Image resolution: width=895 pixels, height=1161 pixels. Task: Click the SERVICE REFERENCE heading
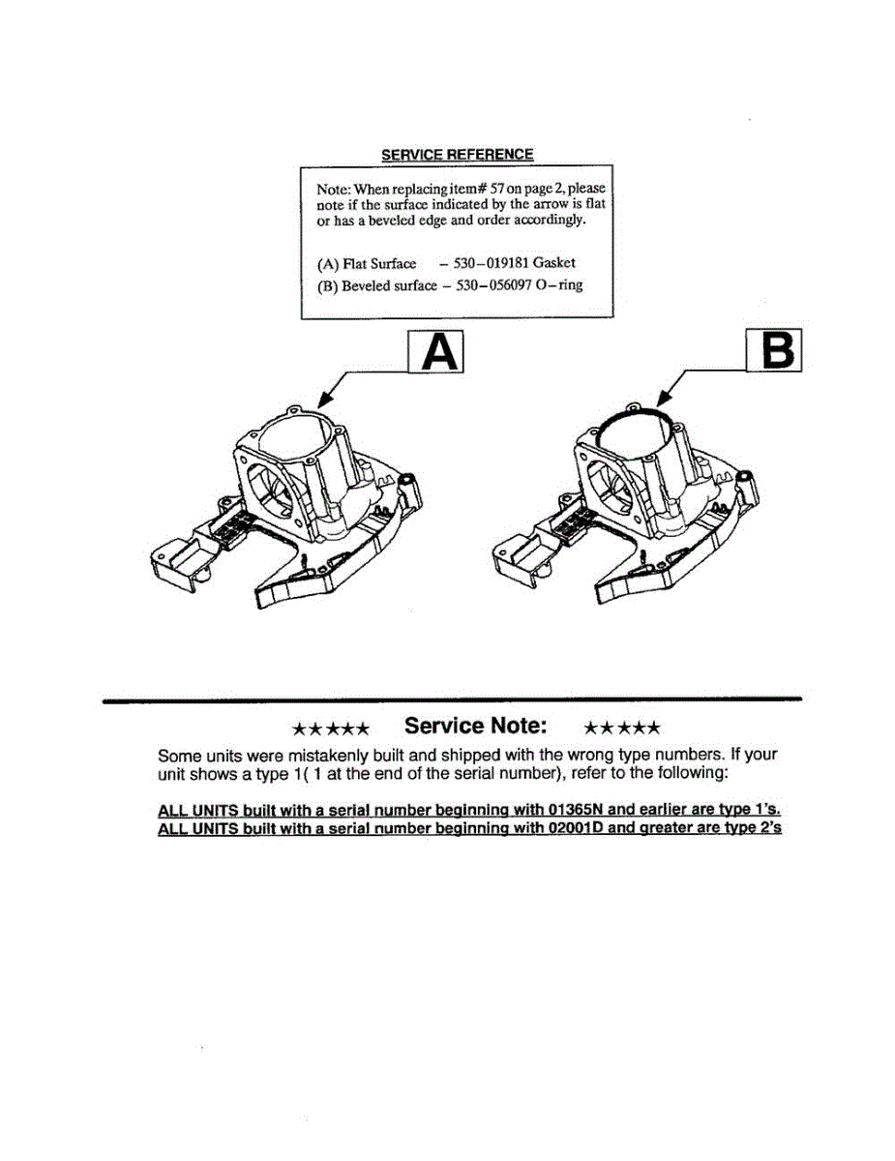click(457, 155)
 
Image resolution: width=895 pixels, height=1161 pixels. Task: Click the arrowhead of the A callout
click(322, 402)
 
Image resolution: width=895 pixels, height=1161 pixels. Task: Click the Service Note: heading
click(476, 726)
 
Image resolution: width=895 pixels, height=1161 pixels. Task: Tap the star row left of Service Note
click(331, 728)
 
